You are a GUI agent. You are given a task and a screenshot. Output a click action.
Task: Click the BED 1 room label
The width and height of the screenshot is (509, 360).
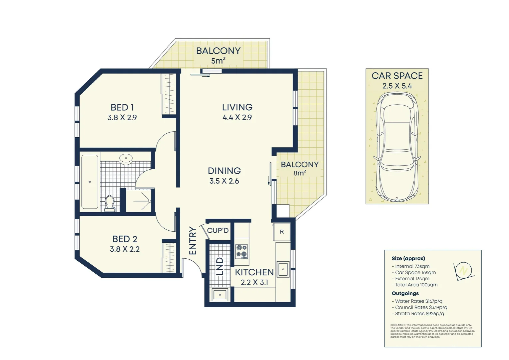coord(122,107)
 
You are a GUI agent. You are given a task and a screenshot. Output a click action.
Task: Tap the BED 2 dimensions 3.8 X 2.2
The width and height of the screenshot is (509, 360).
coord(125,249)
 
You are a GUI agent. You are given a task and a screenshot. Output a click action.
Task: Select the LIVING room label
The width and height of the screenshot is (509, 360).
coord(237,107)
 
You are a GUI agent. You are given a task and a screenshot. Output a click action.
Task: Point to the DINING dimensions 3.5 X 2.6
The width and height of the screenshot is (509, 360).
coord(224,181)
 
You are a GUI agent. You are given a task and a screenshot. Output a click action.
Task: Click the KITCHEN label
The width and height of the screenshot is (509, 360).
coord(254,272)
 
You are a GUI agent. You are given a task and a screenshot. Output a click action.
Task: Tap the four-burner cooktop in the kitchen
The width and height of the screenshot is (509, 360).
coord(242,251)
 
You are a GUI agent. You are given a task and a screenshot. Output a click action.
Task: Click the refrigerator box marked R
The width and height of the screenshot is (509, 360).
coord(281,232)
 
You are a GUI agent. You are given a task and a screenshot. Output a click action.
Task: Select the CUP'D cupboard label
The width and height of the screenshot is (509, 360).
coord(218,231)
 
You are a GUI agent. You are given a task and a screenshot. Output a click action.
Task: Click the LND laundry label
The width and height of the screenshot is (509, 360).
coord(220,266)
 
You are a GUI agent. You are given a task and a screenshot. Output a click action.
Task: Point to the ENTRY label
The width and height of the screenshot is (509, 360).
coord(193,241)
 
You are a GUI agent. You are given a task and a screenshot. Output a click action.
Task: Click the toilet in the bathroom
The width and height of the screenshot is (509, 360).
coord(110,203)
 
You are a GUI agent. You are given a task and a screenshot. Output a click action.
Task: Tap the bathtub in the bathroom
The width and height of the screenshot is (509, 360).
coord(90,182)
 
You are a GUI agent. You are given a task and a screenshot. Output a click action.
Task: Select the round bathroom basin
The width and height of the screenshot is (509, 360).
coord(126,159)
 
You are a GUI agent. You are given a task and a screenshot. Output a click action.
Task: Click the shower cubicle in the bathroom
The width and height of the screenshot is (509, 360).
coord(140,201)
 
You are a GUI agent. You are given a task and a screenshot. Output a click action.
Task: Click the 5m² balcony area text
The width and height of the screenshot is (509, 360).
coord(218,61)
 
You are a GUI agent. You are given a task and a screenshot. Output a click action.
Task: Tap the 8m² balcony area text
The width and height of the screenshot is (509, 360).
coord(299,173)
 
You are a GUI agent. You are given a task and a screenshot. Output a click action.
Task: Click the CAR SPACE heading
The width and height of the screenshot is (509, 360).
coord(397,76)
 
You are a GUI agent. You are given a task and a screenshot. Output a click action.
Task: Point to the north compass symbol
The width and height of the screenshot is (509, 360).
coord(463,270)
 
